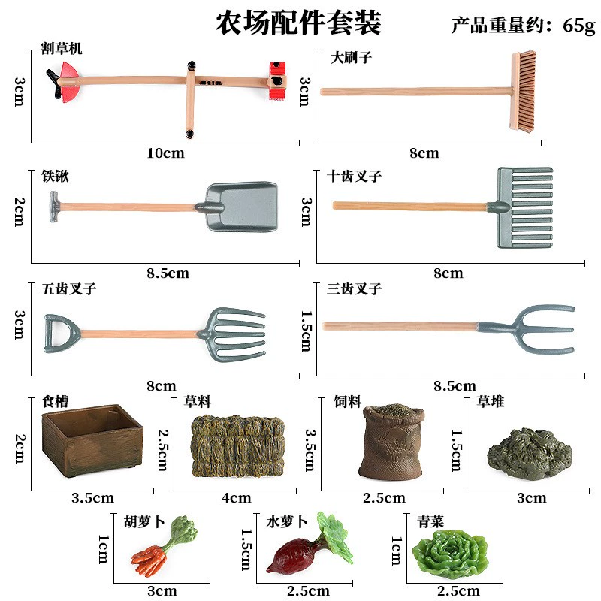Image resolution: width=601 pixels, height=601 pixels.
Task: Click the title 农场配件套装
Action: [298, 23]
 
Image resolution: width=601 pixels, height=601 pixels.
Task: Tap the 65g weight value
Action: [578, 26]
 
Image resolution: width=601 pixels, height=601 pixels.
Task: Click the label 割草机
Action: [62, 50]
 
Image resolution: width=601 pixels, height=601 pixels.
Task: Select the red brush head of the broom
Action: [524, 92]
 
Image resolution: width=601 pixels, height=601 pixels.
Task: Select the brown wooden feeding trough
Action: [92, 442]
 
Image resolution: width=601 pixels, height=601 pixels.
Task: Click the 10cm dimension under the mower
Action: [165, 154]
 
